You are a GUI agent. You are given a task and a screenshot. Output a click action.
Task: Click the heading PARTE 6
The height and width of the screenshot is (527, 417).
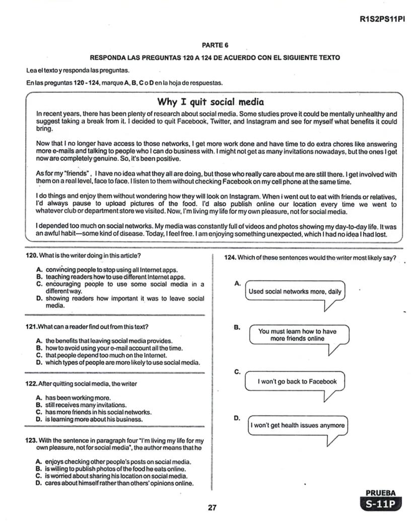click(x=215, y=45)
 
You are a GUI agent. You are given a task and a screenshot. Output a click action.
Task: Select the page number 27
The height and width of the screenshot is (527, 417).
click(x=212, y=507)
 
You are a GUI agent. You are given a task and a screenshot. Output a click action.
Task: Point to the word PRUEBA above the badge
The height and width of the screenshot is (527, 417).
click(x=381, y=493)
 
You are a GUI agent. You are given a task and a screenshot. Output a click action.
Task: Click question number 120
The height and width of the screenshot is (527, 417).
click(x=32, y=256)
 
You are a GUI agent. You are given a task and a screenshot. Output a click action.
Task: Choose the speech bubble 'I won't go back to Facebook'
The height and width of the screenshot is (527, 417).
click(x=297, y=382)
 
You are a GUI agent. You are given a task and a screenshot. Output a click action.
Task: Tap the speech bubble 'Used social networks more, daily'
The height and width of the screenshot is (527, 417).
click(x=295, y=291)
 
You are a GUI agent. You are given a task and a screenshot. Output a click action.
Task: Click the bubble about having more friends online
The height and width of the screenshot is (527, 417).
click(x=297, y=335)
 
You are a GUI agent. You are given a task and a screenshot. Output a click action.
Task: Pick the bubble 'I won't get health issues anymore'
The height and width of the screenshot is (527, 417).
click(x=298, y=425)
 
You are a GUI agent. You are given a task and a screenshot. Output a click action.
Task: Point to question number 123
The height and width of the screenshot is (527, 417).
click(x=32, y=440)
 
